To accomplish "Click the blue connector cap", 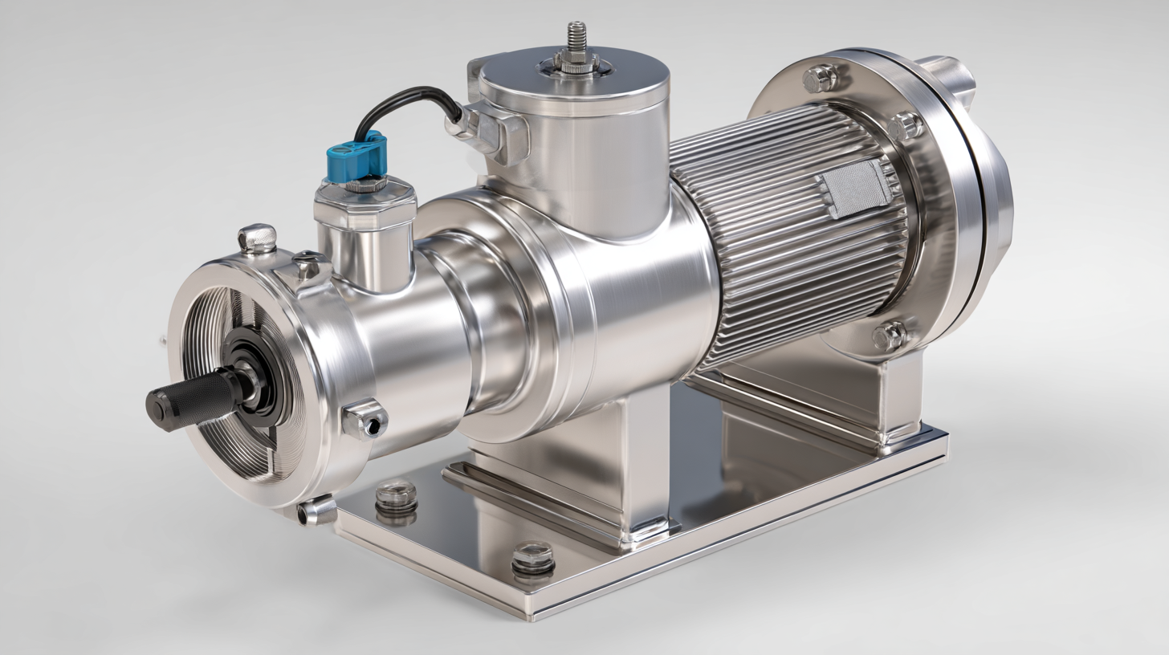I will click(x=357, y=156).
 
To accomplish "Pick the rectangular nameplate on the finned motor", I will click(x=854, y=188).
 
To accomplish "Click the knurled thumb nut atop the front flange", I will click(x=257, y=238).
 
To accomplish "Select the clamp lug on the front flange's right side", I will click(x=364, y=419).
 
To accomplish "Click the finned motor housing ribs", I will click(x=771, y=241).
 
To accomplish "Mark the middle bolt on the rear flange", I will click(x=906, y=126).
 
